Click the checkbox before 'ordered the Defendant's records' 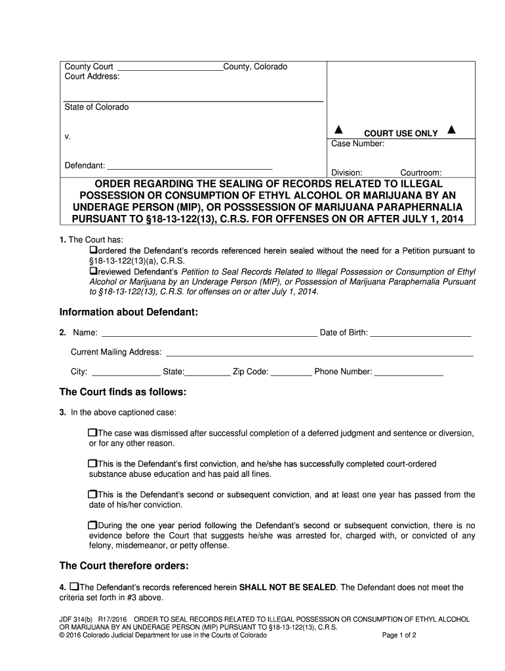[x=93, y=251]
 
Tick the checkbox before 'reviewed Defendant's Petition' [x=93, y=271]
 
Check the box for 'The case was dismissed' [x=92, y=433]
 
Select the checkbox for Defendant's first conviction [x=92, y=464]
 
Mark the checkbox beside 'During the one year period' [x=92, y=525]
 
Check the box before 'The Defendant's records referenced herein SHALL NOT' [x=74, y=586]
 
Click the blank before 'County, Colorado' [x=169, y=67]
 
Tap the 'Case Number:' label [x=357, y=144]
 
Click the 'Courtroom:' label [x=421, y=173]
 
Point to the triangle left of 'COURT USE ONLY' [x=340, y=130]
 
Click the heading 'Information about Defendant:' [x=129, y=312]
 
